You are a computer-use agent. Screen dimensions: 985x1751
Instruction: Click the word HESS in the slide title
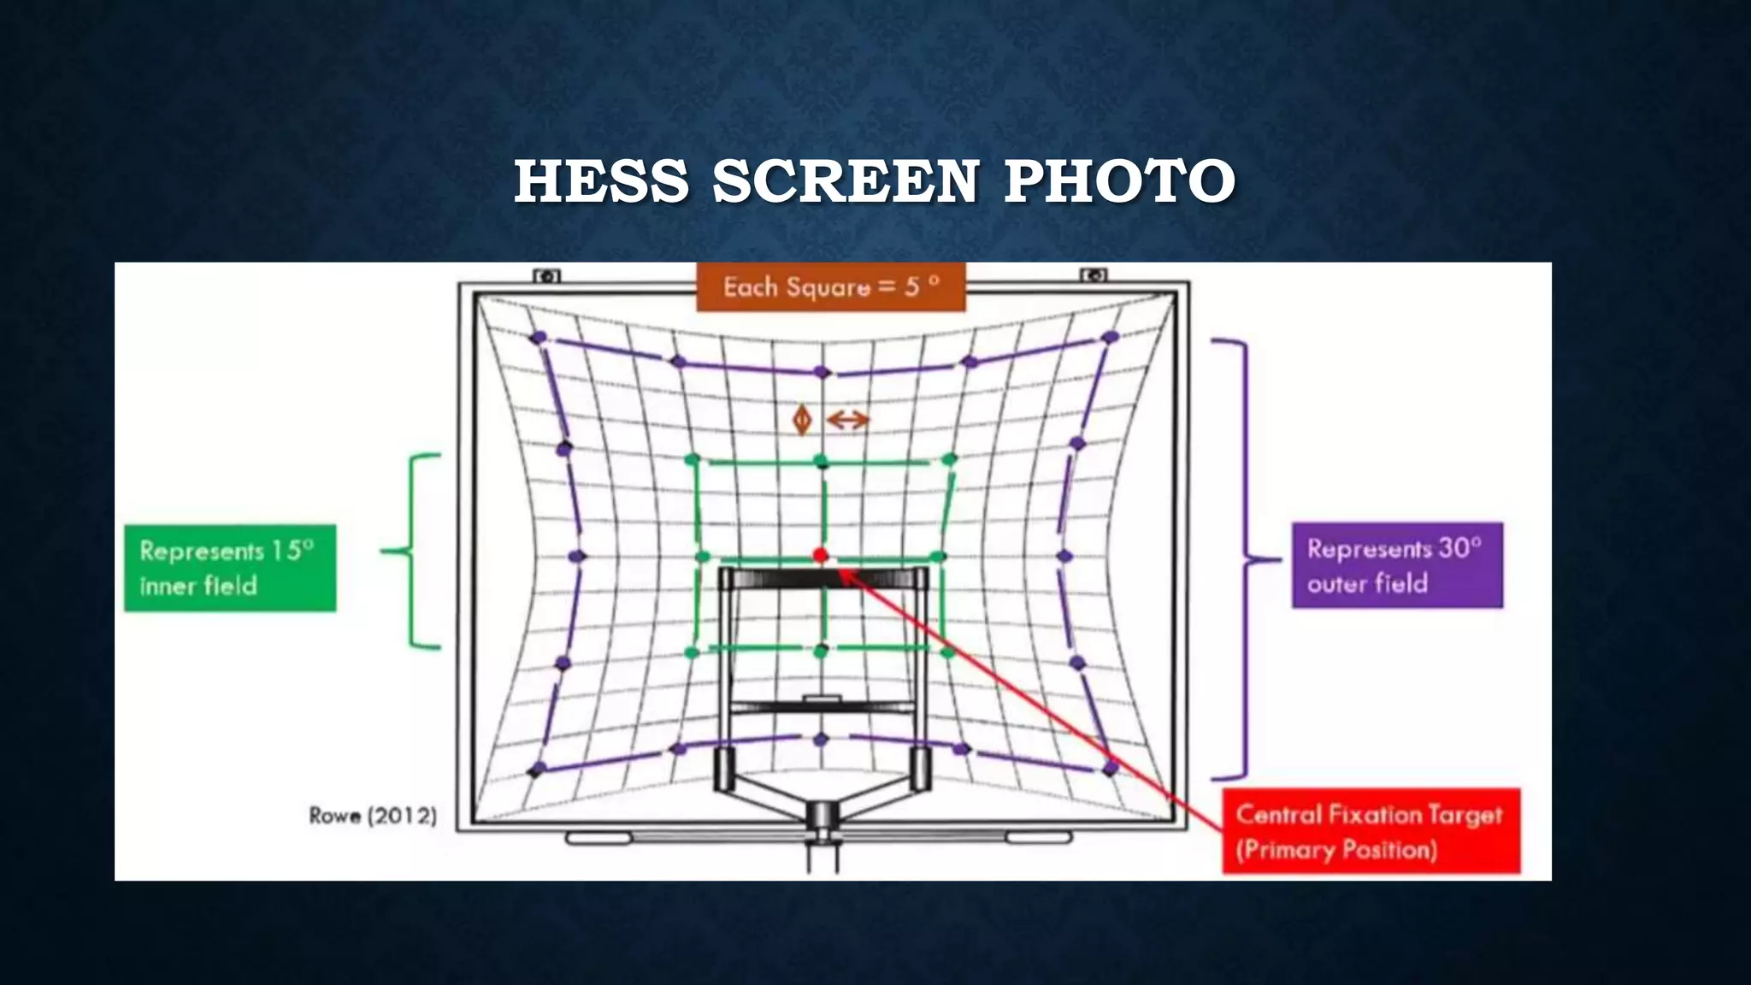tap(601, 181)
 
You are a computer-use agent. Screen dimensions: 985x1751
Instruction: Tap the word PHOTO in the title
tap(1119, 181)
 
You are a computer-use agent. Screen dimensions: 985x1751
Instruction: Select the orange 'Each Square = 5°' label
tap(830, 286)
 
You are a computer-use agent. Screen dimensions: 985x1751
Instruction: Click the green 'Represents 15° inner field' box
tap(230, 568)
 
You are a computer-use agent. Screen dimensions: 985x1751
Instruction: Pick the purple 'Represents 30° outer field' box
tap(1396, 565)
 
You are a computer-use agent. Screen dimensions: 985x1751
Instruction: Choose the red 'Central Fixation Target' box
tap(1371, 831)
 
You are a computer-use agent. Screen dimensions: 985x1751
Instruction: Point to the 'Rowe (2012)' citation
tap(373, 816)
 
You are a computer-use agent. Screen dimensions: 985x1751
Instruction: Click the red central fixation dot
tap(821, 556)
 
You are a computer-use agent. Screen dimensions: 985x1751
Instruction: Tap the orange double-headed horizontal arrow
tap(848, 420)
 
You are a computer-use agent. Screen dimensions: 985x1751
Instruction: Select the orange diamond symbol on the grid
tap(802, 420)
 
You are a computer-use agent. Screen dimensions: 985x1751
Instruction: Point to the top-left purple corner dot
tap(539, 338)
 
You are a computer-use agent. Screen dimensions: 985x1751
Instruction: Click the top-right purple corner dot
tap(1111, 338)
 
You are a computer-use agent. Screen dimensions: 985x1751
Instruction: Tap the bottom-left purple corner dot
tap(537, 770)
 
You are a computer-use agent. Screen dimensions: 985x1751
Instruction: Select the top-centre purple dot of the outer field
tap(822, 372)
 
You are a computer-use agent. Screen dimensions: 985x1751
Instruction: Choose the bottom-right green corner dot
tap(947, 652)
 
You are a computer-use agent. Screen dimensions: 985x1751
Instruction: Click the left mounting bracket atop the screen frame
tap(547, 275)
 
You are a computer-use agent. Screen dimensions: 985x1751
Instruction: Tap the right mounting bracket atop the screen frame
tap(1094, 275)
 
